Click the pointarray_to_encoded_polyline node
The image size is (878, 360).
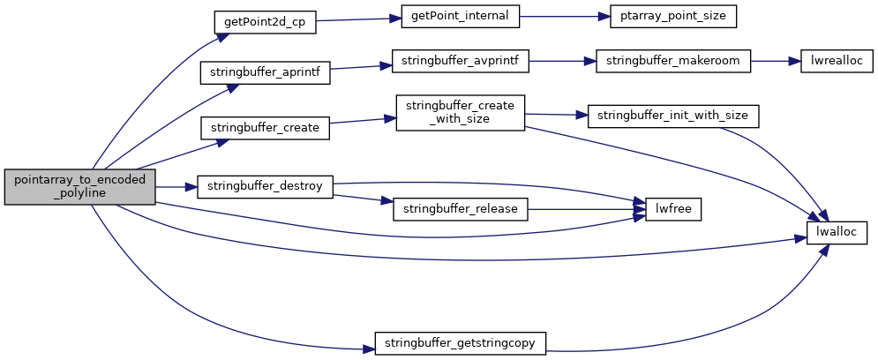[79, 186]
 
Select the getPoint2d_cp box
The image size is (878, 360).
[266, 22]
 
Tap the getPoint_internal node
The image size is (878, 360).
[462, 16]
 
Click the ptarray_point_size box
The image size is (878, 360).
[672, 16]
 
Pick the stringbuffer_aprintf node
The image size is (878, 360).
[266, 72]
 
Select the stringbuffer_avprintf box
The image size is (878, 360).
[461, 61]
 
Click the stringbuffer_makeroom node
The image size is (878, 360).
[672, 61]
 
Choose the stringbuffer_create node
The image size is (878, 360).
[266, 128]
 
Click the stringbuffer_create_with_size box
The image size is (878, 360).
[461, 113]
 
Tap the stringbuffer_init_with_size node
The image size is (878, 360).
[672, 116]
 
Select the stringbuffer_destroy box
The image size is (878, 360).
[266, 186]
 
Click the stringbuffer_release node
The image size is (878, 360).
[461, 209]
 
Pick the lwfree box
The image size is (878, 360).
[673, 209]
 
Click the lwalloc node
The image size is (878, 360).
[837, 232]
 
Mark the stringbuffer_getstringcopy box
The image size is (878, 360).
[461, 343]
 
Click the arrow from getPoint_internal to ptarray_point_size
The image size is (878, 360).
[565, 16]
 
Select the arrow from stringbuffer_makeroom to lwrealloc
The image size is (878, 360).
[776, 61]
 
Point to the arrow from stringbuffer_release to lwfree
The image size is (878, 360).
[586, 209]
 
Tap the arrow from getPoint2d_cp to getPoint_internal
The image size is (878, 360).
[359, 19]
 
